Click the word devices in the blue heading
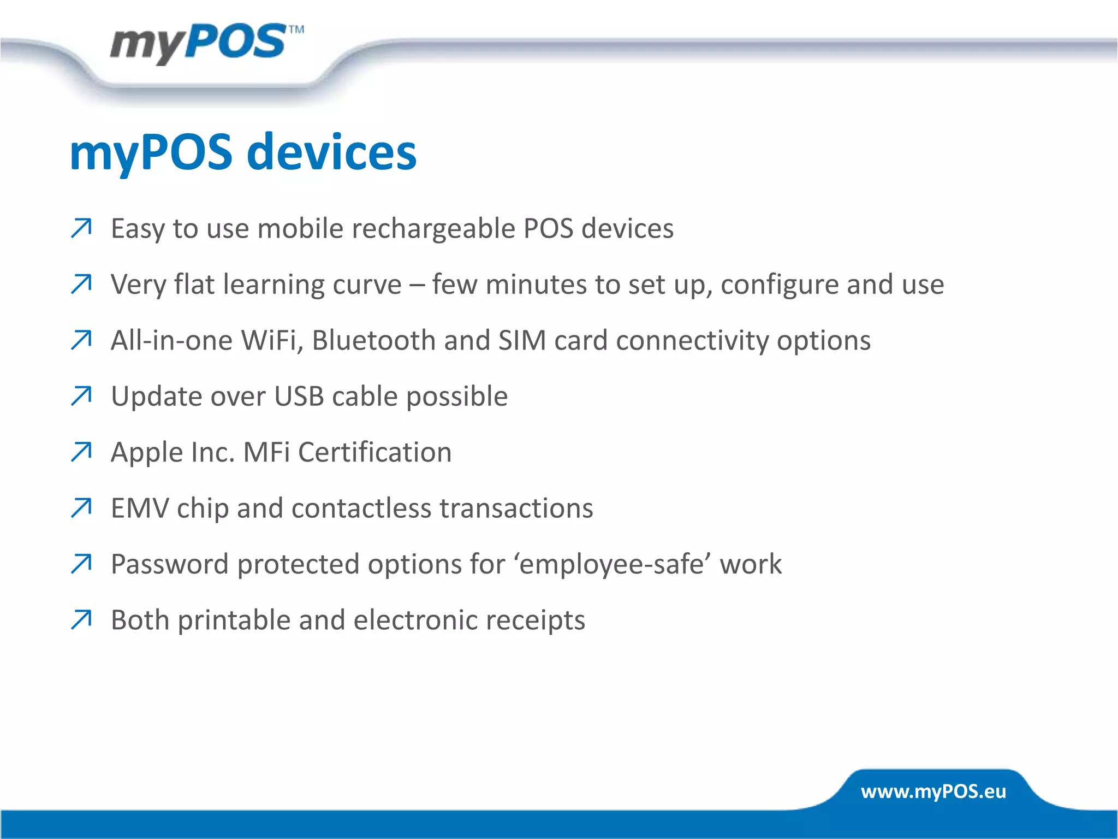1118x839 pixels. click(331, 152)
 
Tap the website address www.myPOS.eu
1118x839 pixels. click(933, 791)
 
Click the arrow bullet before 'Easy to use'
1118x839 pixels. click(81, 228)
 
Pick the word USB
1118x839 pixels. click(299, 396)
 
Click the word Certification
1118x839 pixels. click(374, 452)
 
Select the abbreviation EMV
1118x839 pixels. click(140, 508)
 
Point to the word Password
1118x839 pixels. click(169, 564)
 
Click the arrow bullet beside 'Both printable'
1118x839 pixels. click(81, 620)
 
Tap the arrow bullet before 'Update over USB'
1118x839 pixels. click(81, 396)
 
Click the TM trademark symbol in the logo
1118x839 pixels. click(296, 29)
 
